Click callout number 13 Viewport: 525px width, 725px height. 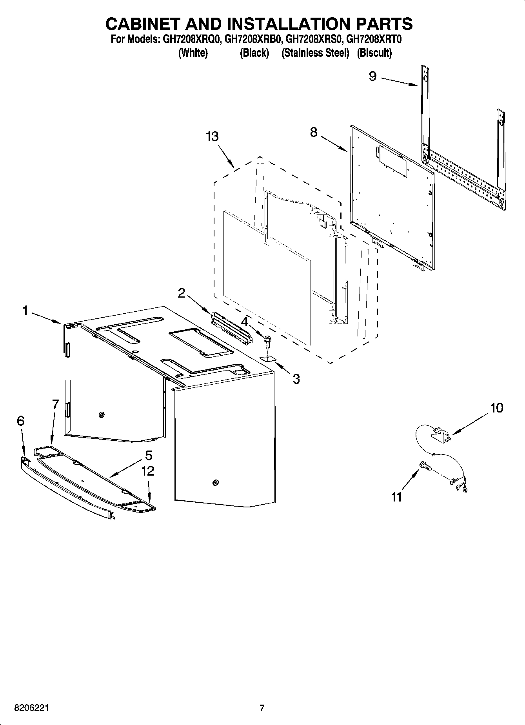212,137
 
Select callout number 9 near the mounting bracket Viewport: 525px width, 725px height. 372,76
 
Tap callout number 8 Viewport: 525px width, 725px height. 314,132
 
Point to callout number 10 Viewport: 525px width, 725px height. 496,408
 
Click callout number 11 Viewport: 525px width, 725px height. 396,497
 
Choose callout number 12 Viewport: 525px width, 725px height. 148,471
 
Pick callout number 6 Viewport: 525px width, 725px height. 20,421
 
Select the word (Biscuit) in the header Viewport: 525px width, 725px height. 374,53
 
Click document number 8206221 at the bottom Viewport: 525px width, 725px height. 32,708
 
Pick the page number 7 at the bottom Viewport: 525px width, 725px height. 262,708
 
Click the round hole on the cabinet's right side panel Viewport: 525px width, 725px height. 215,482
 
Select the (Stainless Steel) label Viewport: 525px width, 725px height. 315,53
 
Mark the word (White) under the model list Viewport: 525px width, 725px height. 193,53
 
